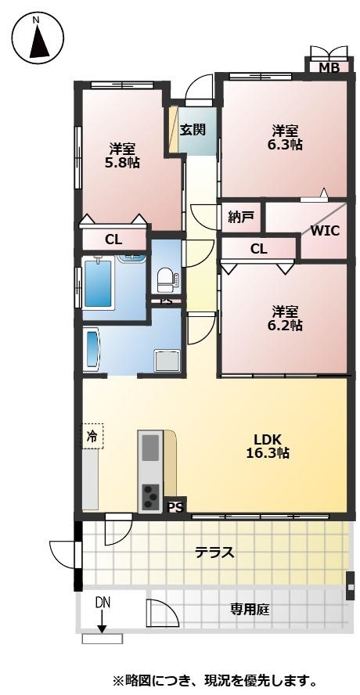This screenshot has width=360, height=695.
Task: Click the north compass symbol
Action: pyautogui.click(x=38, y=39)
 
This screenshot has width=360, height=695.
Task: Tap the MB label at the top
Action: pyautogui.click(x=329, y=68)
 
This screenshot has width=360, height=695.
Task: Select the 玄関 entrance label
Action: pyautogui.click(x=193, y=130)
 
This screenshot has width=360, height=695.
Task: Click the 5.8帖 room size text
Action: pyautogui.click(x=122, y=163)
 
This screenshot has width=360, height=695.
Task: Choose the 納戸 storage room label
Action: pyautogui.click(x=241, y=218)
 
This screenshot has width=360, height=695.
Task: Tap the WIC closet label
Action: pyautogui.click(x=325, y=231)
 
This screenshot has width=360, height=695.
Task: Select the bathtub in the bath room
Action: pyautogui.click(x=97, y=283)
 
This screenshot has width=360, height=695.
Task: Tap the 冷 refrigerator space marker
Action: pyautogui.click(x=92, y=437)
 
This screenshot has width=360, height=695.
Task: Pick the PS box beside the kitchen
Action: pyautogui.click(x=175, y=506)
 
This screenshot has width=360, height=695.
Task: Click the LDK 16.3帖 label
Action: pyautogui.click(x=268, y=447)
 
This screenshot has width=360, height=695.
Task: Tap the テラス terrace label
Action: pyautogui.click(x=214, y=553)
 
